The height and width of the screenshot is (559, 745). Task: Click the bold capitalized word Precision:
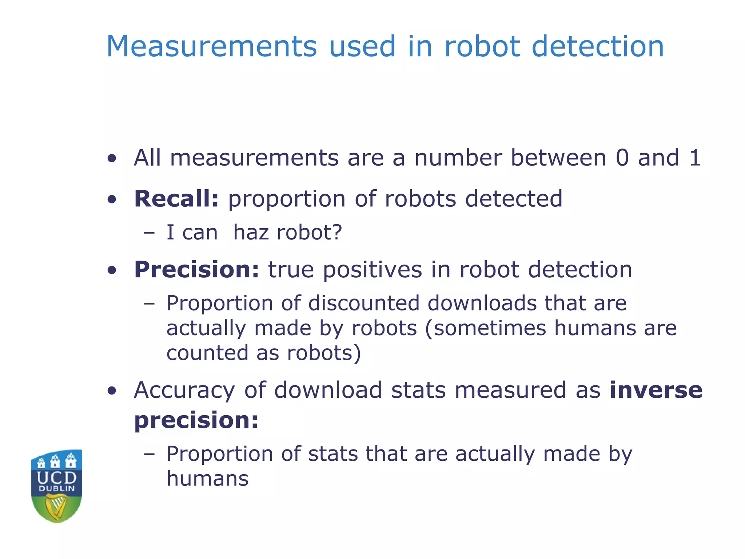[196, 270]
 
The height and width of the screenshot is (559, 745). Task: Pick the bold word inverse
[656, 390]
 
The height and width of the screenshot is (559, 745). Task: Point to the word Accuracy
[184, 390]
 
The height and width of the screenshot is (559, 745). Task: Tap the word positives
[372, 270]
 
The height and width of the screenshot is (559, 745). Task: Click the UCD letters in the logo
[57, 477]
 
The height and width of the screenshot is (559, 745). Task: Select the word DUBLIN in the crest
[57, 488]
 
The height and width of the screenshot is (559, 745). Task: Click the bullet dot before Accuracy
[112, 391]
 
